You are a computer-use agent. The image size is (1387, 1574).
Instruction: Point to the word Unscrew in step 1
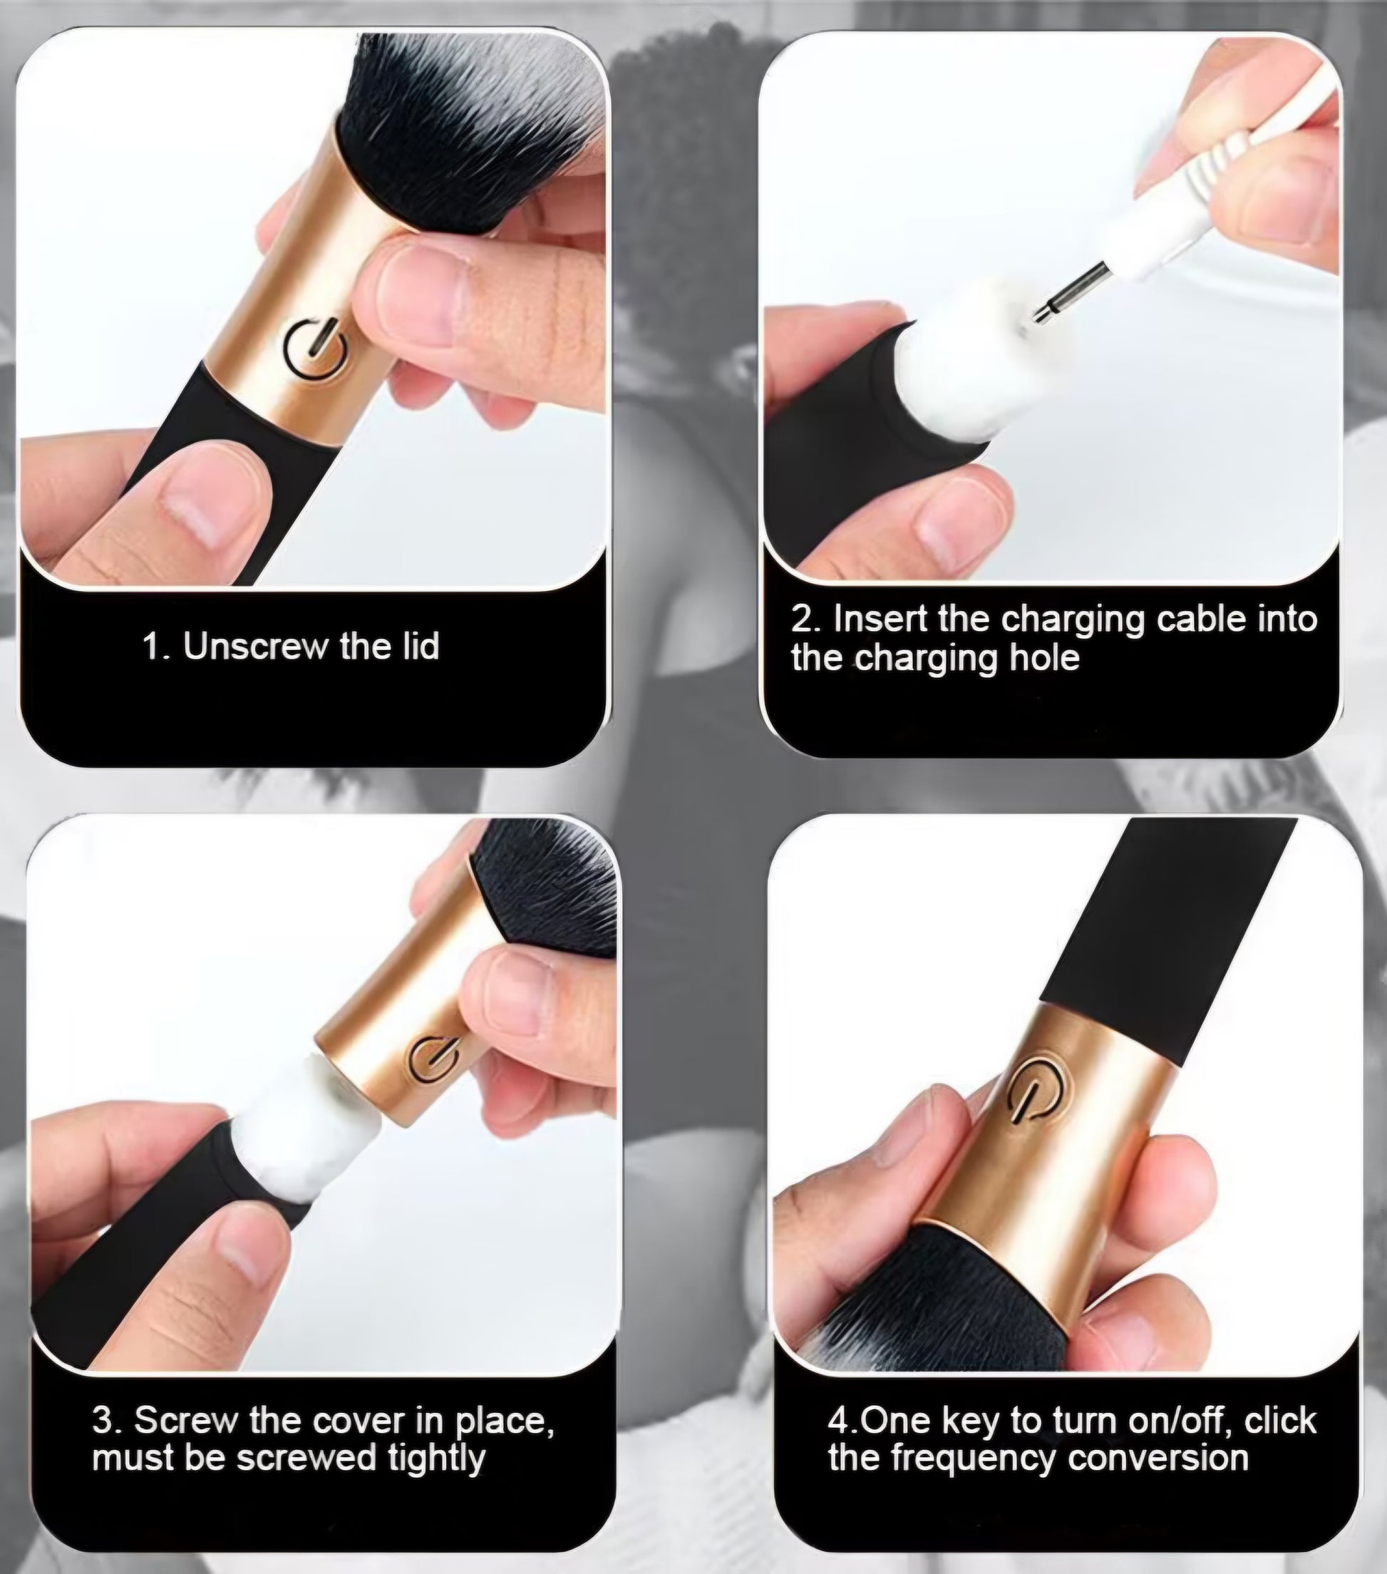[256, 646]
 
